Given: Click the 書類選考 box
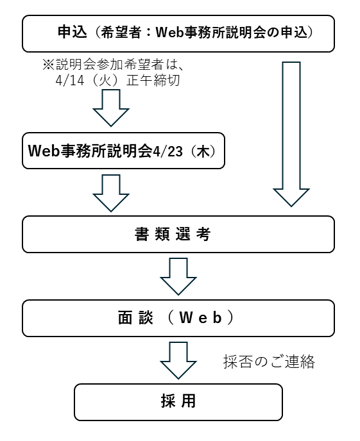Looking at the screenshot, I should pyautogui.click(x=178, y=235).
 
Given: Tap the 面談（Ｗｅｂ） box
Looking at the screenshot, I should pyautogui.click(x=178, y=318).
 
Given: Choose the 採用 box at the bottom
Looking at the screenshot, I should pyautogui.click(x=178, y=402).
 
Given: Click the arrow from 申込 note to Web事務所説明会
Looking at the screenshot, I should pyautogui.click(x=111, y=108).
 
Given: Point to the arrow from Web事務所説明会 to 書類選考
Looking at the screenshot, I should pyautogui.click(x=111, y=192).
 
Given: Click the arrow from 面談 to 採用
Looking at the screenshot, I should pyautogui.click(x=178, y=360).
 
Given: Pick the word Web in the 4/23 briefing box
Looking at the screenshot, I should pyautogui.click(x=43, y=151).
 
